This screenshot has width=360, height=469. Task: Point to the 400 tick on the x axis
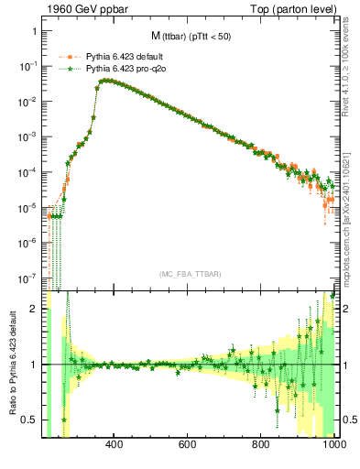click(x=115, y=446)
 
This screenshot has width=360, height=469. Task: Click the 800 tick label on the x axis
click(x=262, y=446)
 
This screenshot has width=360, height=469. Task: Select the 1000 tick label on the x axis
click(x=332, y=446)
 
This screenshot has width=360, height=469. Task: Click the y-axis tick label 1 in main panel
click(x=33, y=30)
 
